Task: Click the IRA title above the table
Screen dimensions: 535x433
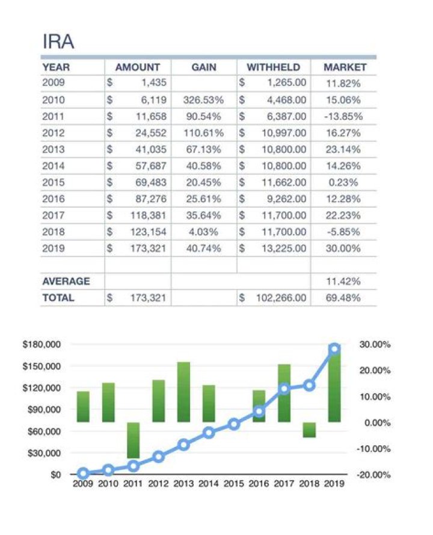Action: coord(58,42)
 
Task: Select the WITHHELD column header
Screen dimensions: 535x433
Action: coord(273,67)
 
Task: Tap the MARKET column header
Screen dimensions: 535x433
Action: coord(345,67)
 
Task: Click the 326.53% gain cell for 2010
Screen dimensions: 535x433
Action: coord(204,100)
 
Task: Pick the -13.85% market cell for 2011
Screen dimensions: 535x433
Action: coord(343,116)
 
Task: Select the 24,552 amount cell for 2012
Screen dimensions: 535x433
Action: coord(150,132)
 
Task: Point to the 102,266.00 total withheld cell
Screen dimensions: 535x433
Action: coord(281,298)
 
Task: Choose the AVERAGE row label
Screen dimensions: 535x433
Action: coord(66,281)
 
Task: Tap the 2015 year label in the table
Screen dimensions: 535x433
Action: coord(54,182)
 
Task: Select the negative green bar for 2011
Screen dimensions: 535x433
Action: coord(134,440)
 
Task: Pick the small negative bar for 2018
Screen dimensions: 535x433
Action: coord(309,430)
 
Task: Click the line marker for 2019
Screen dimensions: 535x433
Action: coord(334,348)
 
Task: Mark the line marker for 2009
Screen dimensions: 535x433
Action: coord(84,473)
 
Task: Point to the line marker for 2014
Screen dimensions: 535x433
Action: coord(209,432)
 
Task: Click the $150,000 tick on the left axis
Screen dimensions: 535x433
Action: coord(41,366)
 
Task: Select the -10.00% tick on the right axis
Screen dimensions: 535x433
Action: coord(375,448)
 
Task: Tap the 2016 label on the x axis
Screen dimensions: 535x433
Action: coord(259,483)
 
